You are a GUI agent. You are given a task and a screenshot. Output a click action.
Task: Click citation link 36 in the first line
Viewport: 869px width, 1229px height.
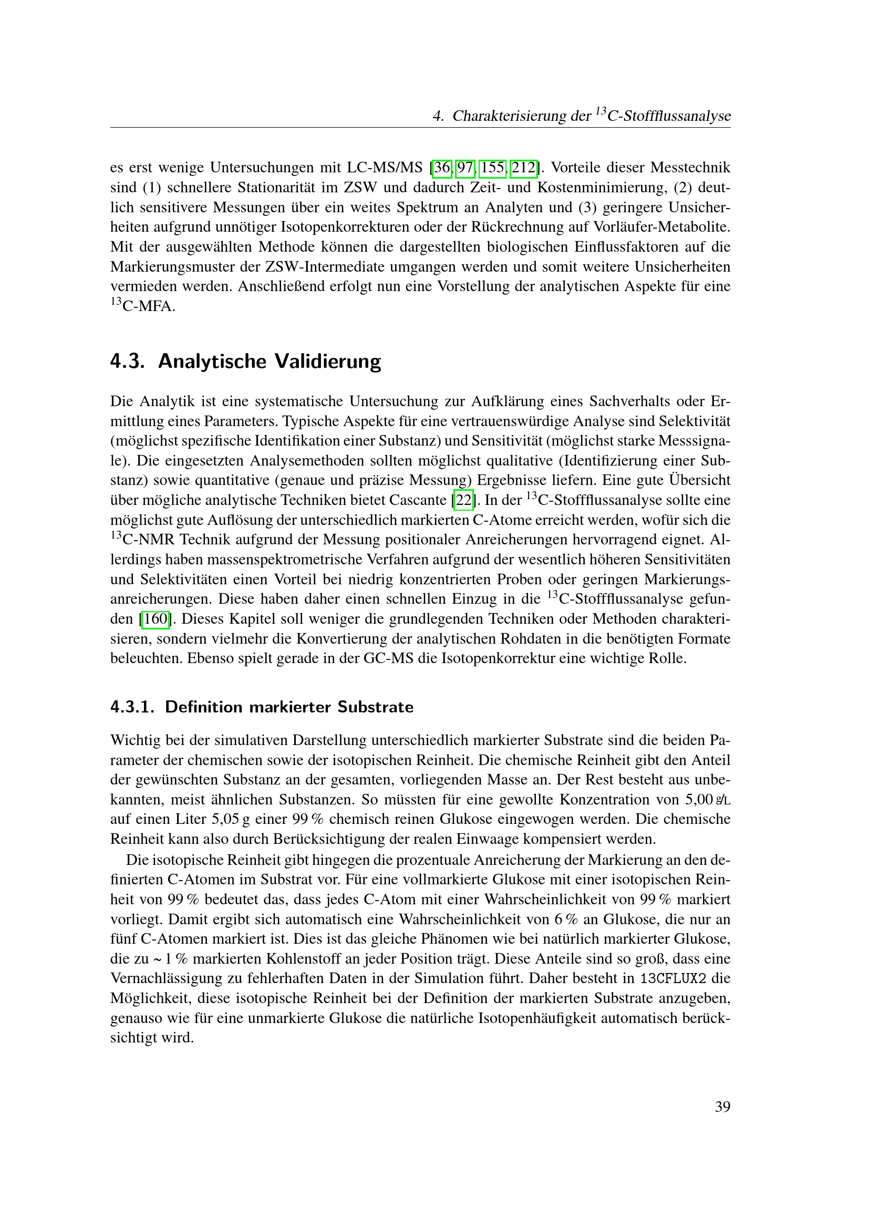tap(442, 168)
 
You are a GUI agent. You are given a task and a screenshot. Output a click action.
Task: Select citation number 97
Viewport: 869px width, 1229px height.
tap(465, 168)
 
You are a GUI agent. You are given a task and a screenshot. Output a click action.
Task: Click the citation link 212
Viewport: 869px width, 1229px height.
tap(524, 168)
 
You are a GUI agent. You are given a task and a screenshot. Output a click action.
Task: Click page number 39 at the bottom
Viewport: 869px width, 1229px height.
tap(722, 1107)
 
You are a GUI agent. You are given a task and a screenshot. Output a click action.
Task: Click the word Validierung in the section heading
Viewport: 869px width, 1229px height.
tap(327, 362)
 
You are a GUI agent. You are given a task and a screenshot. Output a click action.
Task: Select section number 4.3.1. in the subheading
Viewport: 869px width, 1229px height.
tap(132, 707)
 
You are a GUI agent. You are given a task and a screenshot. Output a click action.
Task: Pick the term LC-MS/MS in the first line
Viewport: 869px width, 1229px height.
tap(384, 168)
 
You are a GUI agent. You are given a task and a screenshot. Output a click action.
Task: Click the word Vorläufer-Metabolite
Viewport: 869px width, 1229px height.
tap(661, 228)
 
